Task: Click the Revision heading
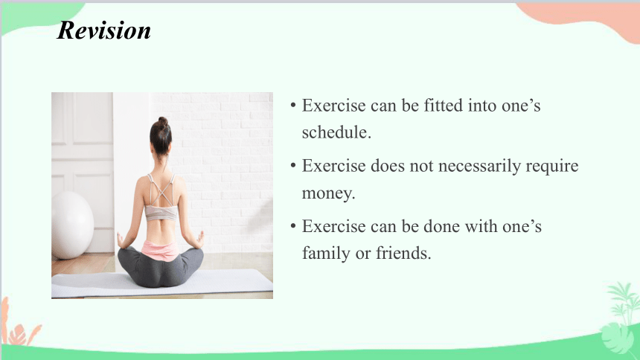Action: [x=104, y=30]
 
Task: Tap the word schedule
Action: [x=336, y=132]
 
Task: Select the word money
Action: [x=328, y=193]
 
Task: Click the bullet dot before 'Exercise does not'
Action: [x=293, y=166]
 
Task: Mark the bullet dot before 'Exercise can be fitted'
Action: [x=293, y=106]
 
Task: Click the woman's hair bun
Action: [x=163, y=122]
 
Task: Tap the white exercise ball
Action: [x=72, y=225]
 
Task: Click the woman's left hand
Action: [x=121, y=240]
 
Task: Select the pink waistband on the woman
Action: [x=160, y=250]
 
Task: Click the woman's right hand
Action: [x=200, y=240]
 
